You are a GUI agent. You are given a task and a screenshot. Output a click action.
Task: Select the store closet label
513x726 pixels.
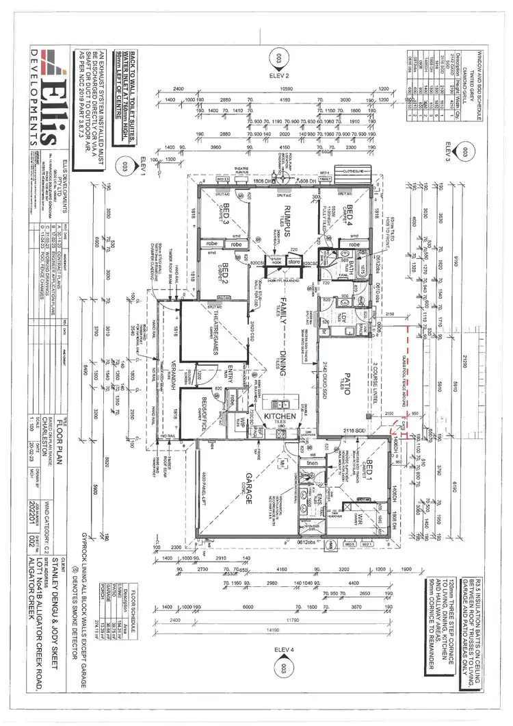point(294,261)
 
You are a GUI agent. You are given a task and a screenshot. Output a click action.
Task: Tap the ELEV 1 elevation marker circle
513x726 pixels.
point(124,165)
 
